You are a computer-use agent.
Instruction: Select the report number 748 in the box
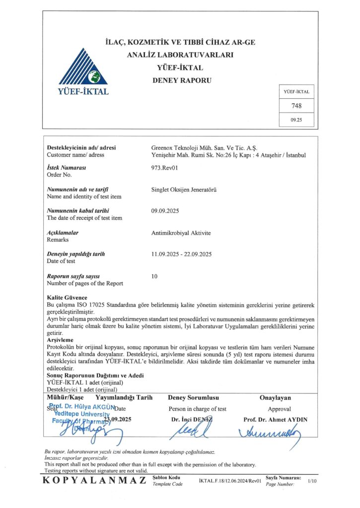click(296, 106)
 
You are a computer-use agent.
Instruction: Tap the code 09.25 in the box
click(296, 120)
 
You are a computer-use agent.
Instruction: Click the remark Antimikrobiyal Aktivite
click(181, 232)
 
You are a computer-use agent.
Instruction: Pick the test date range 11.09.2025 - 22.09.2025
click(182, 254)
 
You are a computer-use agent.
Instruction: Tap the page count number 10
click(154, 275)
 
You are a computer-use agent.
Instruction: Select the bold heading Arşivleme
click(60, 340)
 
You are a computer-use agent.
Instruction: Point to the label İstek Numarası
click(67, 168)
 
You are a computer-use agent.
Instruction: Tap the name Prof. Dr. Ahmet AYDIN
click(275, 419)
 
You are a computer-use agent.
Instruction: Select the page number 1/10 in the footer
click(312, 481)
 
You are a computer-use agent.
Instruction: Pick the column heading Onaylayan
click(275, 398)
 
